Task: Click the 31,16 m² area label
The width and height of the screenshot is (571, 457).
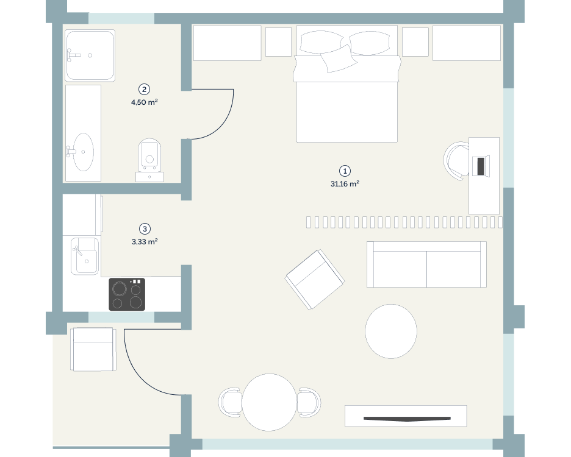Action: (345, 184)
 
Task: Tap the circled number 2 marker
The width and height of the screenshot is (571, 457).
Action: (144, 90)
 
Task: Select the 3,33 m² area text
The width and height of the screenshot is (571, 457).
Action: (145, 241)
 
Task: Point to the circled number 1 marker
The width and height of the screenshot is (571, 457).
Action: (345, 171)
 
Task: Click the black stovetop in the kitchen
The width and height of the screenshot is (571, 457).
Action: (127, 294)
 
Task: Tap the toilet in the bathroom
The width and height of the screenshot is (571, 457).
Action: (149, 160)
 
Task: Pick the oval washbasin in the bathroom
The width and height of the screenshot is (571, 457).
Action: (83, 152)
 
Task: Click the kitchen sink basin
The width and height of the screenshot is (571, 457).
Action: (85, 256)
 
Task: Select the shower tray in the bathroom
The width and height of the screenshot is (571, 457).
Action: (90, 55)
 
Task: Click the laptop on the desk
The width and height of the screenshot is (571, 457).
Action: (481, 166)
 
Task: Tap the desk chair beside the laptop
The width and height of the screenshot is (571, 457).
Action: (457, 160)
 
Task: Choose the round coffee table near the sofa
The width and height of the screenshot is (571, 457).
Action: (391, 331)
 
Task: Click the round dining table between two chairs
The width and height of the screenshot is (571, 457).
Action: (270, 402)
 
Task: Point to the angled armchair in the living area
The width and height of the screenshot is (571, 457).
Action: (315, 280)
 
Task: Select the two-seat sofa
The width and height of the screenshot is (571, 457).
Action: (426, 264)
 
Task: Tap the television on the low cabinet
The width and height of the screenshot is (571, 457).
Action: (407, 419)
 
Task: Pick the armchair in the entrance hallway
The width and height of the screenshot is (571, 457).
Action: (93, 349)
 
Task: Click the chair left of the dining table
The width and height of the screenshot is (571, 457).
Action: (230, 402)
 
